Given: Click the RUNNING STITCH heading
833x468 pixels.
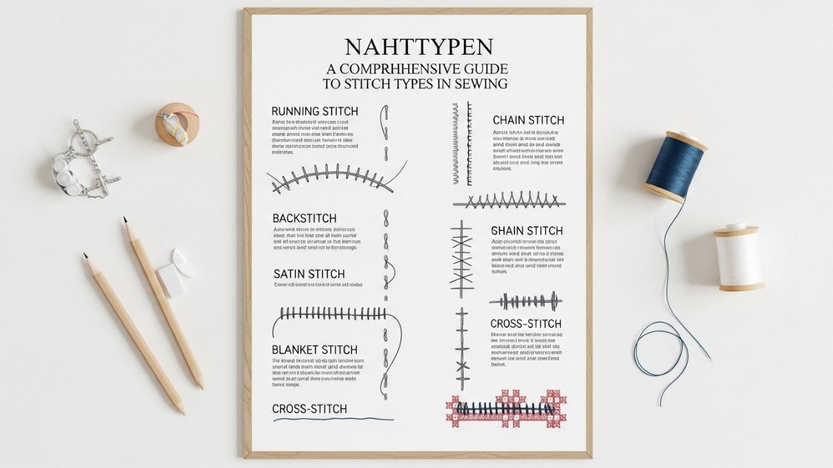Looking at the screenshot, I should pos(314,111).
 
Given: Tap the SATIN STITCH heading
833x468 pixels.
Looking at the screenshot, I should pos(309,274).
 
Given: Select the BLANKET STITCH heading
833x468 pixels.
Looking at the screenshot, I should pos(314,350).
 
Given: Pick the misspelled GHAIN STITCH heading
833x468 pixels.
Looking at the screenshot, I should pos(527,230).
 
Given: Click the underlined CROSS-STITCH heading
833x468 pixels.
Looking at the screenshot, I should pos(310,409).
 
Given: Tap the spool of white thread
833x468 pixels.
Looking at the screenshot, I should pos(739,256).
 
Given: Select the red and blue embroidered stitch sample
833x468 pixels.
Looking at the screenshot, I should pos(505,409).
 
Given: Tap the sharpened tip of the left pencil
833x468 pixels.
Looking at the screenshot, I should pos(85,256).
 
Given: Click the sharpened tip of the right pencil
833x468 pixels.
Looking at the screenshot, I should pos(126,220).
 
